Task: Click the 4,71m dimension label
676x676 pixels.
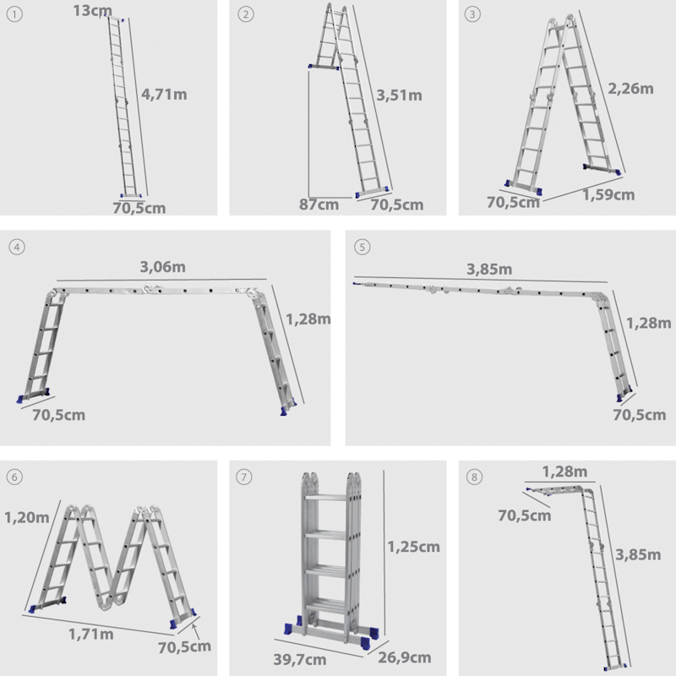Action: tap(164, 94)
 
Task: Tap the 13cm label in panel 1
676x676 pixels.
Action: tap(90, 10)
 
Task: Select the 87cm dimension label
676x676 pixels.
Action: tap(319, 204)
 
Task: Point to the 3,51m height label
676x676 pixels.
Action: tap(399, 94)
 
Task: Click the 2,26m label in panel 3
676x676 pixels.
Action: tap(630, 88)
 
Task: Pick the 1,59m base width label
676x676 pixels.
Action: tap(608, 195)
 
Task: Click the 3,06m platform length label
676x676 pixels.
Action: tap(163, 267)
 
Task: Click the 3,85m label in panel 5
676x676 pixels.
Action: tap(489, 270)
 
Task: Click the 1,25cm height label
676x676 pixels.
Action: tap(413, 546)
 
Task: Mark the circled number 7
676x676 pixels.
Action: tap(244, 477)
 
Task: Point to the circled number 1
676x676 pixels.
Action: tap(14, 14)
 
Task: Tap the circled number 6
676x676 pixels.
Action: tap(14, 477)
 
